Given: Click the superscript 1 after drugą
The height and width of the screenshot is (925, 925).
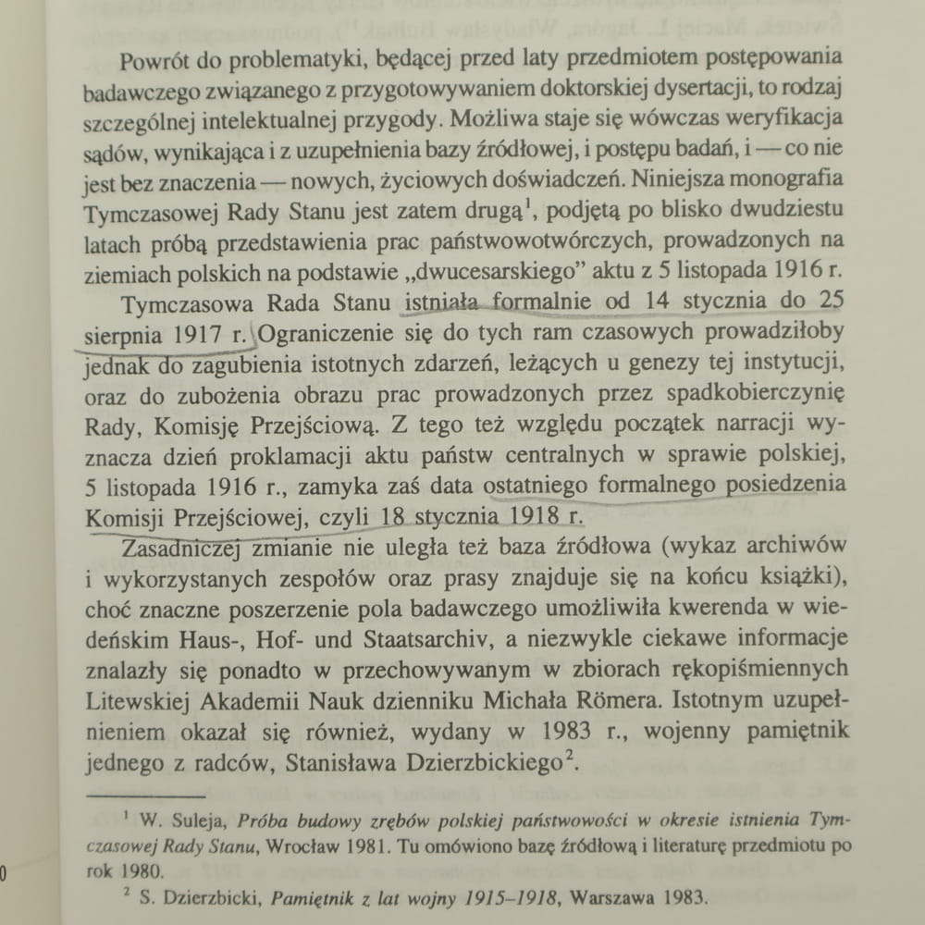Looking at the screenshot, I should pyautogui.click(x=531, y=203).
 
